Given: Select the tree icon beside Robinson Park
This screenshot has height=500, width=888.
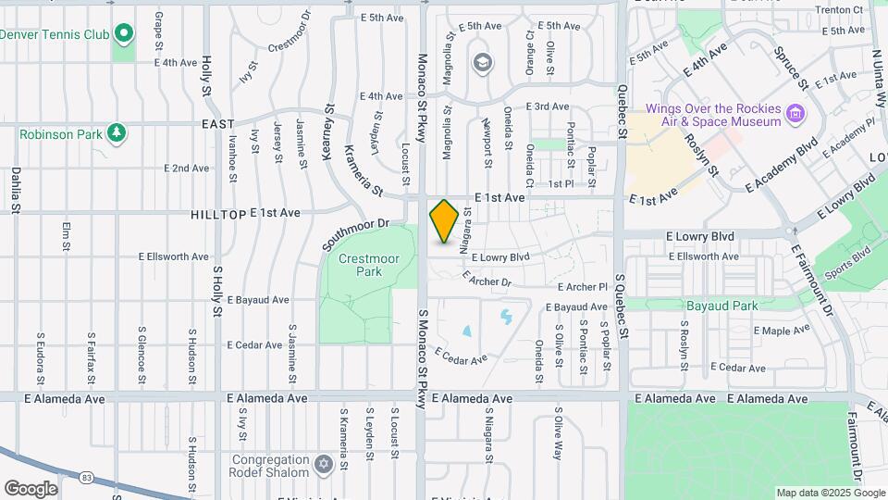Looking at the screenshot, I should (x=117, y=134).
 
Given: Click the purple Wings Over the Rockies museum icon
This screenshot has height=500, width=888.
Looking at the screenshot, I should (x=795, y=116).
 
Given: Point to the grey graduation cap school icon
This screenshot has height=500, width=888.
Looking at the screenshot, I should (x=481, y=63).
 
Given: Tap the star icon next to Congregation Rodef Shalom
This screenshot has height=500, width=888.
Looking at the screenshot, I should (x=323, y=463).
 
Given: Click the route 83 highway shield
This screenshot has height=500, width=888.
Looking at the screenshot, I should (x=86, y=476).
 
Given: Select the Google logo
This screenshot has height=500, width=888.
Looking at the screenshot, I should (x=31, y=488).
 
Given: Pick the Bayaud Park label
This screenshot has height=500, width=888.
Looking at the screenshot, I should (x=721, y=306).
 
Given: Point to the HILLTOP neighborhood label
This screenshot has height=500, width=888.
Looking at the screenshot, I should (x=218, y=214).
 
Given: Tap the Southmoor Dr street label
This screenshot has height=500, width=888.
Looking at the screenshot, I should (x=352, y=235).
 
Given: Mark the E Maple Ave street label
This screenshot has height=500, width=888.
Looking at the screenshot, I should (x=782, y=331).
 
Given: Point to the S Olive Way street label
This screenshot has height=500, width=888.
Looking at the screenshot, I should (x=559, y=433).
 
